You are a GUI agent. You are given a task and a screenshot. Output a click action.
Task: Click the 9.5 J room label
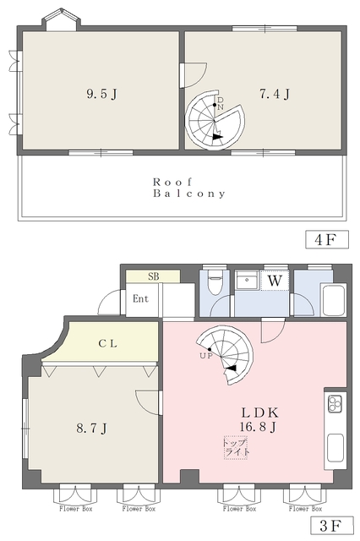(101, 94)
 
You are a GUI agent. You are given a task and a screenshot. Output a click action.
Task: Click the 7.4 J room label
(275, 94)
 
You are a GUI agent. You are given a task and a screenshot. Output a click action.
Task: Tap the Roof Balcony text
(189, 188)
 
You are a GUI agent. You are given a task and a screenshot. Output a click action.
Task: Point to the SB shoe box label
(154, 276)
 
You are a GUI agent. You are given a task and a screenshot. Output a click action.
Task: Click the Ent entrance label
(140, 298)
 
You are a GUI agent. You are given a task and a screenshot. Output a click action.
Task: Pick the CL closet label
(106, 343)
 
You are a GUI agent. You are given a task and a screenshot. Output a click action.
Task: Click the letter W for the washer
(275, 279)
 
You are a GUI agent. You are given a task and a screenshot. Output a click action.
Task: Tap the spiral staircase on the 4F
(214, 120)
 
